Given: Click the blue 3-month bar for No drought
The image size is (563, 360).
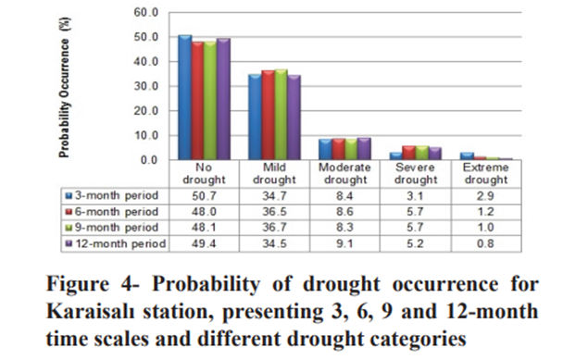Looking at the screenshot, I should coord(184,97).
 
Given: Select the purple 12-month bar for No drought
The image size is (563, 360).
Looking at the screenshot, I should coord(223,99).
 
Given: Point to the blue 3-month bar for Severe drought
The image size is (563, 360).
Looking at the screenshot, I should coord(395,156).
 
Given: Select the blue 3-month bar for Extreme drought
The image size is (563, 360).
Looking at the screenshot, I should coord(467,156).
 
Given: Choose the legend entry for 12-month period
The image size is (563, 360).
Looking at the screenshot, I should coord(114,243).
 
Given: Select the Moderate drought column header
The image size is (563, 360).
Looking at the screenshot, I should coord(344,172).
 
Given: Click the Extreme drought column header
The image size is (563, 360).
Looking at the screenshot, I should coord(485,172).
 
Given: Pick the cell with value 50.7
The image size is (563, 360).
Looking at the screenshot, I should coord(202,195).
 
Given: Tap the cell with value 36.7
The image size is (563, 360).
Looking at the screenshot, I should coord(272,228).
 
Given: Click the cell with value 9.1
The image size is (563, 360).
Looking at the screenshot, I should coord(344,243).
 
